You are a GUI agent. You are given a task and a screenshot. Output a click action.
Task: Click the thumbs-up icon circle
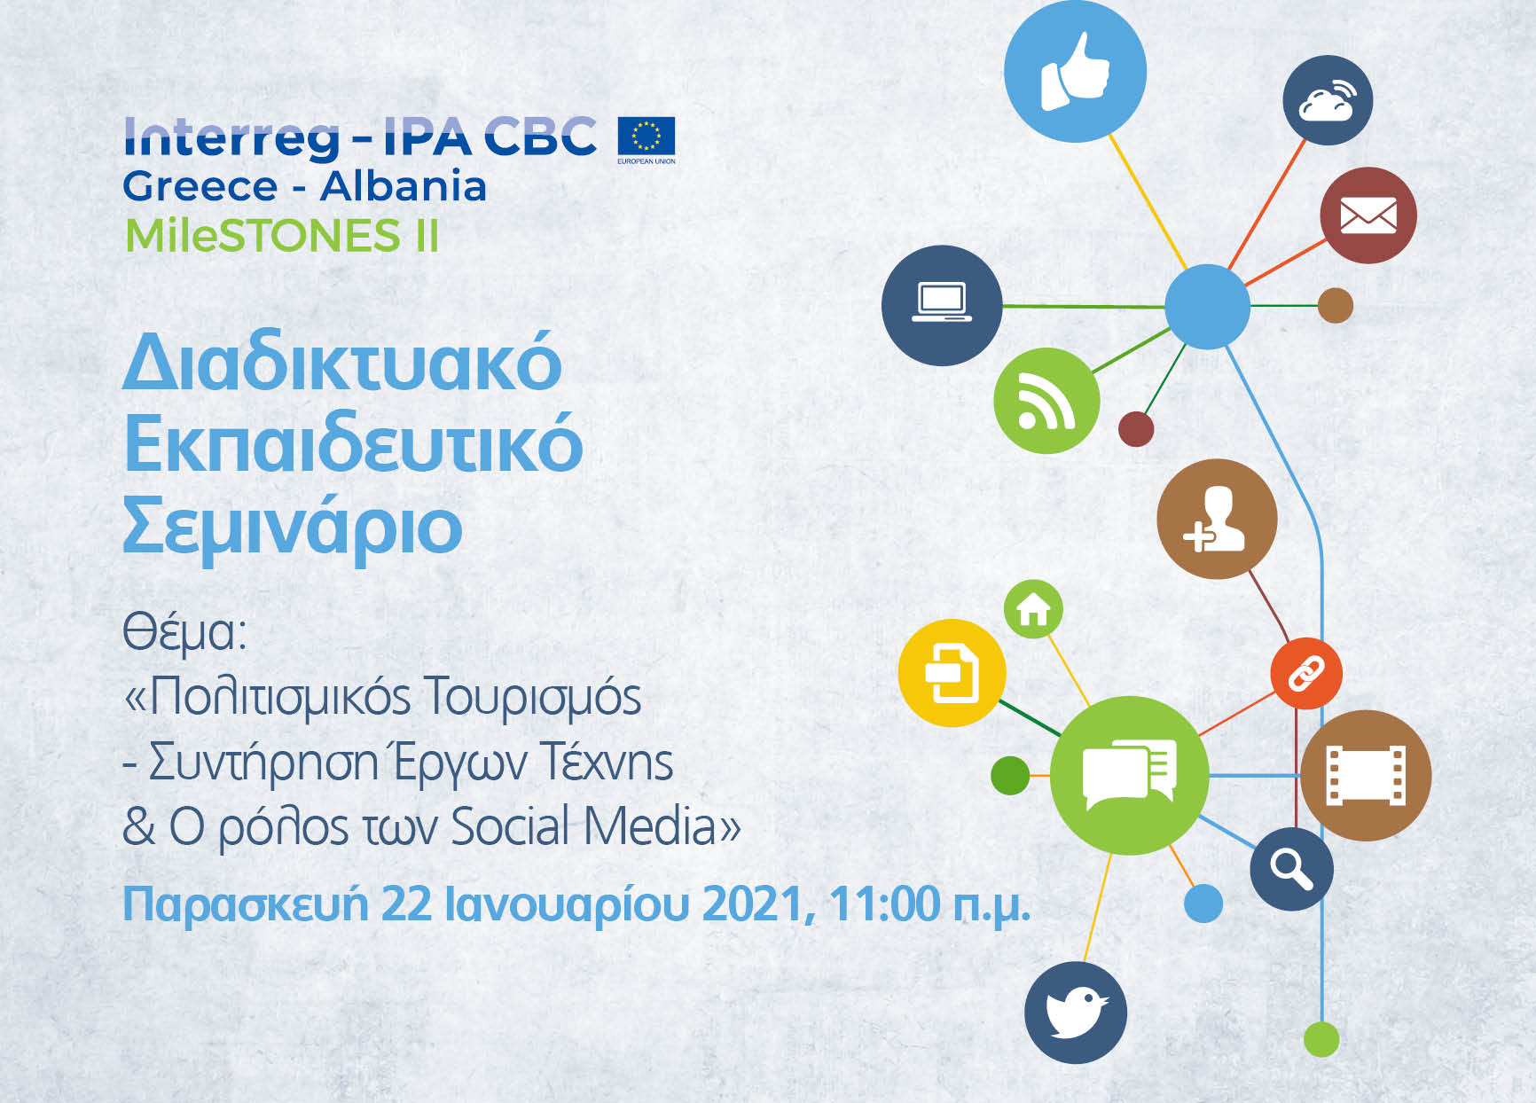[x=1075, y=71]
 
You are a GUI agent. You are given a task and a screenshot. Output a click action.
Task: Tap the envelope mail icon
[x=1368, y=215]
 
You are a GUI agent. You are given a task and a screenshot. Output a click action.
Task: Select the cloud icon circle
[x=1327, y=100]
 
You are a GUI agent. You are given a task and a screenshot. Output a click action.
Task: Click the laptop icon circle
[x=942, y=305]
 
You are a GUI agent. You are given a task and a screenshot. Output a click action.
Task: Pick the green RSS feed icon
[x=1046, y=401]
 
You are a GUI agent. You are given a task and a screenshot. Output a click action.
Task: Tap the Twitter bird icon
[x=1076, y=1012]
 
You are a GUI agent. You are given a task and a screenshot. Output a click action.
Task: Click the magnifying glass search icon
[x=1291, y=869]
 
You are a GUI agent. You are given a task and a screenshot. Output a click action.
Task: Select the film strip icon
[x=1366, y=775]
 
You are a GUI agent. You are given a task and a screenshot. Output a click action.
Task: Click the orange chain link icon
[x=1305, y=673]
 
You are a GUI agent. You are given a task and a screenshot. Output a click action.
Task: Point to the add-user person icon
[x=1217, y=519]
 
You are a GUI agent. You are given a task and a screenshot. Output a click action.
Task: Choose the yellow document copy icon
[x=952, y=673]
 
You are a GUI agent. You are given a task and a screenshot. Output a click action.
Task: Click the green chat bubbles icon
[x=1129, y=775]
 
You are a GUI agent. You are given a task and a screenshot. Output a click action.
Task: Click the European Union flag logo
[x=646, y=138]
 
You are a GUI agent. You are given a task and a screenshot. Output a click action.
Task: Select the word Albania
[x=404, y=186]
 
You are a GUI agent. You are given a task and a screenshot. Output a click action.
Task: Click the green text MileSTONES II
[x=282, y=236]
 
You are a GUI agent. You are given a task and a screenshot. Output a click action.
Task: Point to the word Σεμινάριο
[x=292, y=527]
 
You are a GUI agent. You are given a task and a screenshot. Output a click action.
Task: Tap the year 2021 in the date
[x=753, y=904]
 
